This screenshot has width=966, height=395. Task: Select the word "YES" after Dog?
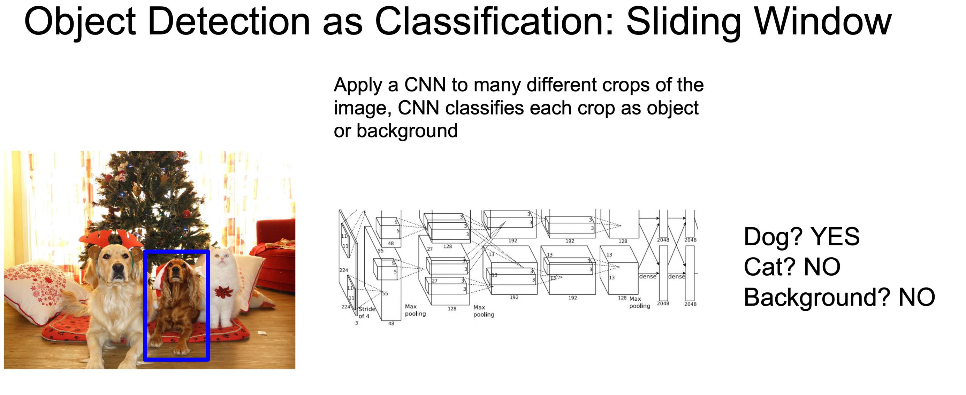click(835, 237)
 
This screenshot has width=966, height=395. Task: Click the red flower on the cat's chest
click(224, 292)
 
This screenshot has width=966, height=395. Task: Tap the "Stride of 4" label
click(366, 312)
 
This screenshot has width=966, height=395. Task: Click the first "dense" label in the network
click(648, 276)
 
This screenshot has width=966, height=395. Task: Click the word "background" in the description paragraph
click(407, 131)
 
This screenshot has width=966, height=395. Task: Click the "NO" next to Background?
click(917, 298)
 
